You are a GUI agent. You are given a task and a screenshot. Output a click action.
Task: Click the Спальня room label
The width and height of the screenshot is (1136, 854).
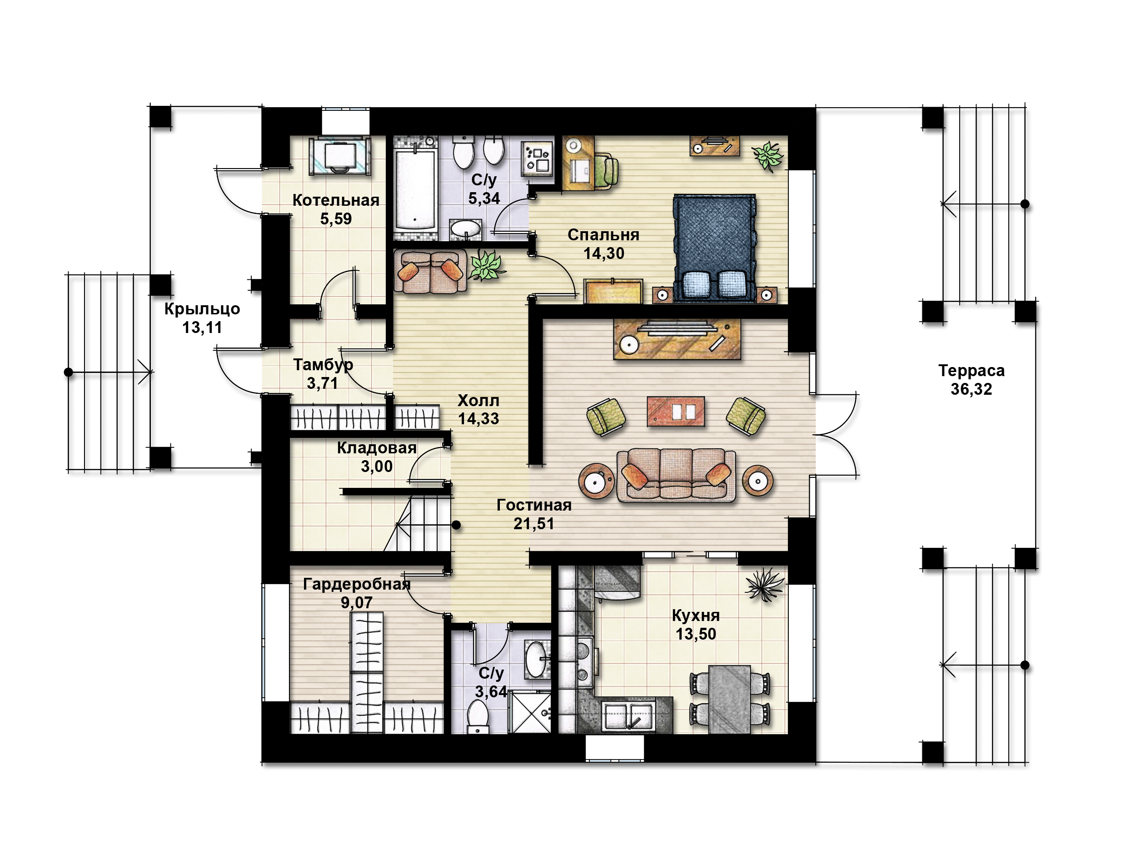[x=603, y=235]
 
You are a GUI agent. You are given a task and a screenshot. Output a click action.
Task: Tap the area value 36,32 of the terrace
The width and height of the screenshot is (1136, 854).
[x=971, y=389]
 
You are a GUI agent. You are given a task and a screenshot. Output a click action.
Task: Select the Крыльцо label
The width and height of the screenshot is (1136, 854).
[x=202, y=309]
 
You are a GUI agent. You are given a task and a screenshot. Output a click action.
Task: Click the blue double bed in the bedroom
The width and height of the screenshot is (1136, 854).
[x=714, y=248]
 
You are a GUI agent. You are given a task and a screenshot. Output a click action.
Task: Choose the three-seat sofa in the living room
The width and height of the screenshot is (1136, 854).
[x=676, y=475]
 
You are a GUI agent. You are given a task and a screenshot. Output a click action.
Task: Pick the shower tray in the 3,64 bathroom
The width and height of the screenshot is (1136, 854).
[x=529, y=712]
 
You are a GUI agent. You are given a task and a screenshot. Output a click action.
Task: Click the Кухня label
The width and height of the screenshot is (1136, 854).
[x=695, y=615]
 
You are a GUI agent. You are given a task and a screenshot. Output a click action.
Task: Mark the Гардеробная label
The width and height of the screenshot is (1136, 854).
[x=356, y=584]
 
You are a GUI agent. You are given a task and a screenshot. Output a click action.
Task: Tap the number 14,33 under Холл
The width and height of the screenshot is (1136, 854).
[x=478, y=418]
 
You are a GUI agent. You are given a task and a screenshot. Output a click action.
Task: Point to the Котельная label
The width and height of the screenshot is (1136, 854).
[x=336, y=200]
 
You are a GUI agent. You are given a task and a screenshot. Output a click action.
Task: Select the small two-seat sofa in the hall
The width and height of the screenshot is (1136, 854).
[x=430, y=272]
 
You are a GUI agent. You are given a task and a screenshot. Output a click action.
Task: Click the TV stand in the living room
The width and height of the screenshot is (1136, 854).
[x=677, y=339]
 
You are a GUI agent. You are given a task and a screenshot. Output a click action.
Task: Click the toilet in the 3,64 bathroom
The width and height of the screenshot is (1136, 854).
[x=478, y=717]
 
